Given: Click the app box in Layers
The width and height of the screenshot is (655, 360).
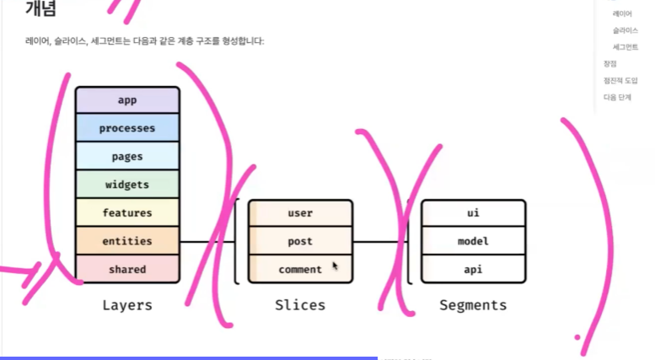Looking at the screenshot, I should point(127,100).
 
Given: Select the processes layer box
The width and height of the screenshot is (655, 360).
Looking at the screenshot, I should point(127,128).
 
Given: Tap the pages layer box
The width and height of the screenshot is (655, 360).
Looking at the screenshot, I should point(127,157).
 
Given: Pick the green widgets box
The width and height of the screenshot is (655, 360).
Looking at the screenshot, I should point(127,185).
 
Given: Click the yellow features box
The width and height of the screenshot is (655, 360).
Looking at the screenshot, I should point(127,212).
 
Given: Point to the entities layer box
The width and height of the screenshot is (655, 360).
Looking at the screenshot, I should point(127,241).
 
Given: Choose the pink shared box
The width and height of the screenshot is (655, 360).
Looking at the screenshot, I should point(127,269).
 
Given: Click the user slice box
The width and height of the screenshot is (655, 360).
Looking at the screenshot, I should point(300,213).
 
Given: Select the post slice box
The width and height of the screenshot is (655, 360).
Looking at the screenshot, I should point(300,241).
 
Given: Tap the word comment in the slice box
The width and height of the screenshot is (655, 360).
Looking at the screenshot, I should point(300,270).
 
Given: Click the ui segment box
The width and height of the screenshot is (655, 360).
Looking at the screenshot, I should point(473,213).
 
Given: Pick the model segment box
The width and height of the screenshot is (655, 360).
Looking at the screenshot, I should point(473,241).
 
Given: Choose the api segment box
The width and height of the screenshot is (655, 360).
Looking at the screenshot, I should point(473,270).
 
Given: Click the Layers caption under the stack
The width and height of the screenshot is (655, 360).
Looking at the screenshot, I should point(127,305).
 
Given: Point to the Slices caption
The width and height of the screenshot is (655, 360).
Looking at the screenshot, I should point(300,305).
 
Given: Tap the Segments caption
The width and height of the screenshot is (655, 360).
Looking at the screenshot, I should point(473,305).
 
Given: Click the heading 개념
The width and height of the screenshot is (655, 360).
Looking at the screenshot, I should point(41,10).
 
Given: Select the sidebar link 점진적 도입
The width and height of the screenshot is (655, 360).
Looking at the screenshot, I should point(620,80).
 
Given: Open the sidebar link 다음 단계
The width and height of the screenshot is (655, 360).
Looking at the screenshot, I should point(617,97).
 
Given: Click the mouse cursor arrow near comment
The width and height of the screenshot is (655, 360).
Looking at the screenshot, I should point(336,266).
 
